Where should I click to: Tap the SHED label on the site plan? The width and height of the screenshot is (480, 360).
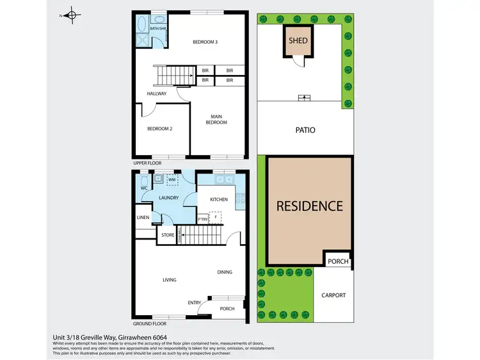coord(298,41)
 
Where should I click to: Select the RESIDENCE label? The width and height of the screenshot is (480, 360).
coord(310,206)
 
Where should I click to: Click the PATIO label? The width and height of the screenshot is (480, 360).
coord(306,130)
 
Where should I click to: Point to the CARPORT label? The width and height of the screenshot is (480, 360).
coord(333,295)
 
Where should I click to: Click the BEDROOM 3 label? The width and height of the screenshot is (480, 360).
coord(205,42)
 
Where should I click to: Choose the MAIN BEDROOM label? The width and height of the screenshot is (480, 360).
coord(216,119)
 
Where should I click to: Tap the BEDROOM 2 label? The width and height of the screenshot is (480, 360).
coord(160,129)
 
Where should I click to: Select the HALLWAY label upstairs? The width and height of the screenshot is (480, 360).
coord(157,94)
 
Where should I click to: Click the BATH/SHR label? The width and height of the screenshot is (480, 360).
coord(157,29)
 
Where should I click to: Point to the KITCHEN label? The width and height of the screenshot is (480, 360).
coord(219,199)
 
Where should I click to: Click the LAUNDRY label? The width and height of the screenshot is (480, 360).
coord(168,199)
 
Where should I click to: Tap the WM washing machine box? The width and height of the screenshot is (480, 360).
coord(172,181)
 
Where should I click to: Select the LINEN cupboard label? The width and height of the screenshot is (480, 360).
coord(143,218)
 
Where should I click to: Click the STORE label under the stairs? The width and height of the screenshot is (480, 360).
coord(168,235)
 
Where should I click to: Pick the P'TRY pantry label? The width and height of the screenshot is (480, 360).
coord(203,219)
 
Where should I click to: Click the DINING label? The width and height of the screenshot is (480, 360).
coord(224,272)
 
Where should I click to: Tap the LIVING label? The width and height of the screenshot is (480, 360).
coord(170,280)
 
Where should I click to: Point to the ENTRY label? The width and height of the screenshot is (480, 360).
coord(194,302)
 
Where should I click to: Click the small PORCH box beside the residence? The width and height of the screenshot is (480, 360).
coord(337,261)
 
